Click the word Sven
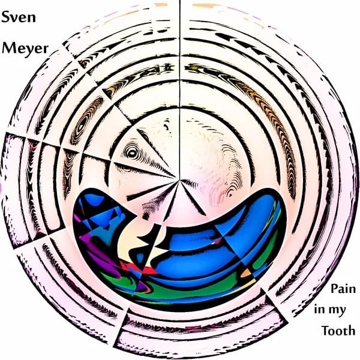pyautogui.click(x=19, y=17)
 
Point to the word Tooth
pyautogui.click(x=338, y=331)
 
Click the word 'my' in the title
pyautogui.click(x=345, y=311)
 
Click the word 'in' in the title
pyautogui.click(x=320, y=310)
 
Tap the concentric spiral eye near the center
pyautogui.click(x=131, y=154)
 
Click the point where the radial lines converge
pyautogui.click(x=178, y=178)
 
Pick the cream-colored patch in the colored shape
pyautogui.click(x=129, y=240)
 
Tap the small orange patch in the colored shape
pyautogui.click(x=247, y=273)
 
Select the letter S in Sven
pyautogui.click(x=7, y=17)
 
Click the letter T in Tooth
pyautogui.click(x=326, y=330)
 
